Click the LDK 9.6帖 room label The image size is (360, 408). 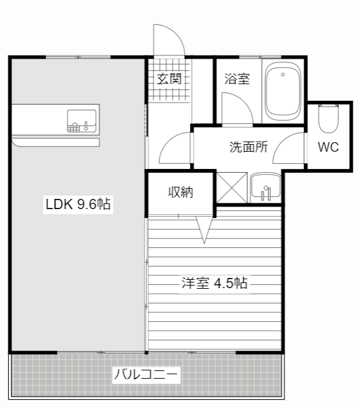(78, 205)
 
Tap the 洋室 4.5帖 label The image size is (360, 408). (214, 283)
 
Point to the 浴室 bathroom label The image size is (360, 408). (236, 79)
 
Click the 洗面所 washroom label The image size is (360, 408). (248, 147)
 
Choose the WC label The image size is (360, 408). (328, 147)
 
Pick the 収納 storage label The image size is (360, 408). (180, 192)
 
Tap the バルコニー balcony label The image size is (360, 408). (146, 374)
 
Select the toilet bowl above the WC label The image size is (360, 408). (329, 118)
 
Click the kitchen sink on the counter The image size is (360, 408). (82, 120)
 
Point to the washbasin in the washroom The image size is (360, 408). (264, 187)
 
